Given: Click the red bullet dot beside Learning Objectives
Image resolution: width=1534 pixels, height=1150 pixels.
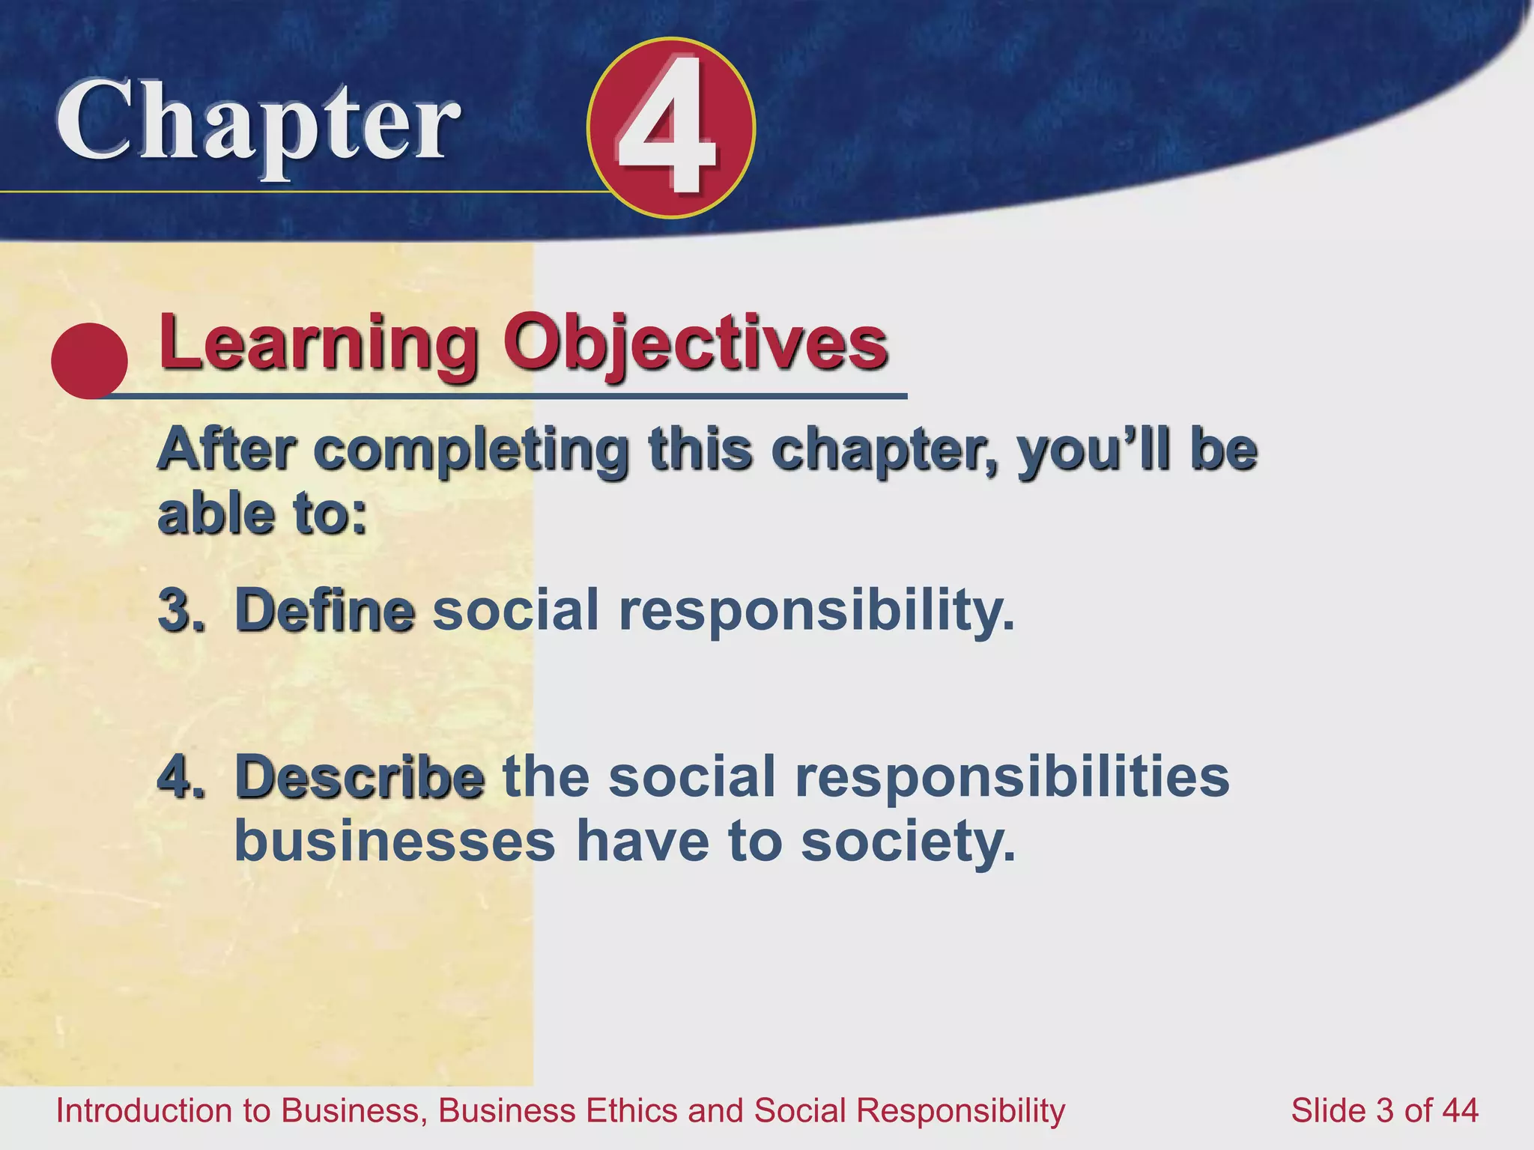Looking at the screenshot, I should [x=89, y=360].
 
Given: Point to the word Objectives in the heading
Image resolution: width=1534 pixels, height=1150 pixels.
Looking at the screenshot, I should [x=695, y=343].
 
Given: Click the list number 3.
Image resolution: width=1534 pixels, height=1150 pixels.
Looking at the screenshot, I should [x=180, y=610].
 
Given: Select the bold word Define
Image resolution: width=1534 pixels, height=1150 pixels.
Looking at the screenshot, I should [x=324, y=610].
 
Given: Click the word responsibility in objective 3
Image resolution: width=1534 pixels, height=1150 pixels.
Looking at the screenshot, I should [x=816, y=610].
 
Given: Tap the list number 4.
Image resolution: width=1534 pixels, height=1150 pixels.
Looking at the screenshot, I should [x=180, y=777].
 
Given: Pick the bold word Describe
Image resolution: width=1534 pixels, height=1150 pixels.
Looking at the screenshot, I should [x=360, y=777].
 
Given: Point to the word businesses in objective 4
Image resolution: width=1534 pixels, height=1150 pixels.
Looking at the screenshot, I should [x=395, y=842].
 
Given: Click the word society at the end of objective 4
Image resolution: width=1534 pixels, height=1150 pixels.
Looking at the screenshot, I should [x=908, y=842].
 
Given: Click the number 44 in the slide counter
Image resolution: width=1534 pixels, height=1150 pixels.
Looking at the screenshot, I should [x=1458, y=1110].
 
